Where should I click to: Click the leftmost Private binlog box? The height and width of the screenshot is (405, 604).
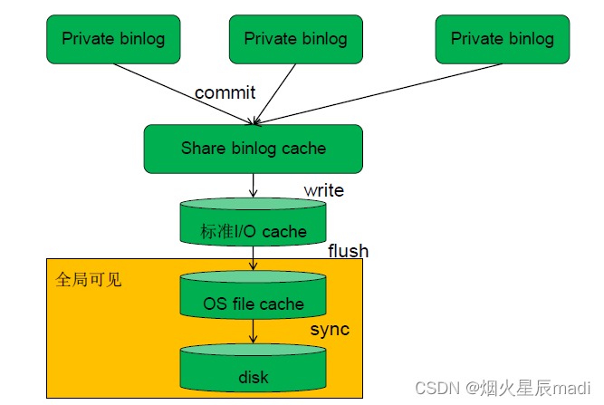click(x=113, y=38)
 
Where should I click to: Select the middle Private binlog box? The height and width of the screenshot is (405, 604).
click(x=295, y=39)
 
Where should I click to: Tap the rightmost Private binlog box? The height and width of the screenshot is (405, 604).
click(x=502, y=38)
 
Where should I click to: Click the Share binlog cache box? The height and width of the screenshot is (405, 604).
click(x=253, y=148)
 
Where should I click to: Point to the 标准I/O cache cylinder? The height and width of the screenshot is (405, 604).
click(x=253, y=227)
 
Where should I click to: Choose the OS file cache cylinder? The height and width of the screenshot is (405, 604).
click(x=253, y=299)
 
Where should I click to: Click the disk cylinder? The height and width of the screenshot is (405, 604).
click(x=253, y=371)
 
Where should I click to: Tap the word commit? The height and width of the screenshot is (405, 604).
click(x=225, y=92)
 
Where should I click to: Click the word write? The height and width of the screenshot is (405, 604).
click(x=323, y=190)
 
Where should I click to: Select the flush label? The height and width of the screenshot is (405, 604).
click(x=348, y=250)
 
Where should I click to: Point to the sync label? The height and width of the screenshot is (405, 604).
click(x=330, y=329)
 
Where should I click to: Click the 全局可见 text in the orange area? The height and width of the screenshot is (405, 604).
click(x=88, y=279)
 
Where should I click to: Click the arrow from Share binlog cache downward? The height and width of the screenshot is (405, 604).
click(x=254, y=185)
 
